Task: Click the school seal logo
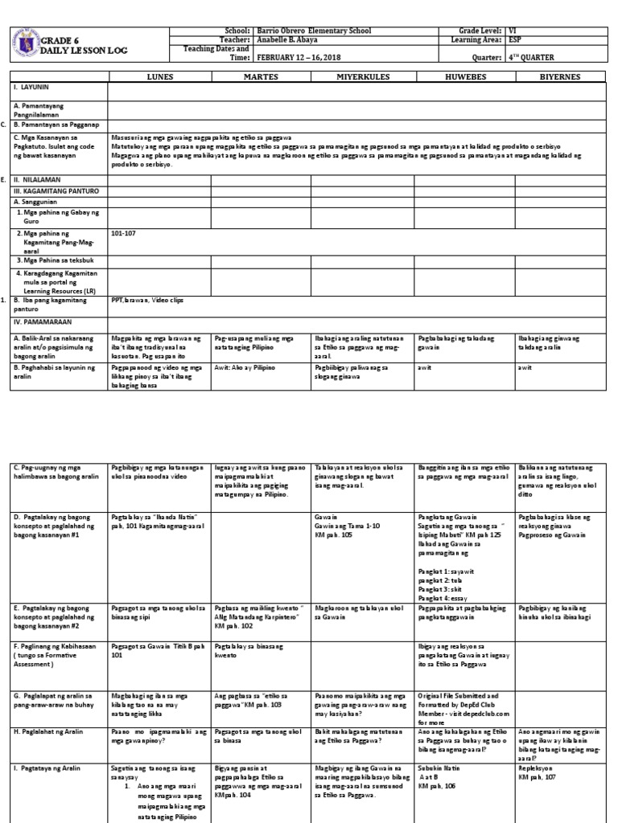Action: coord(24,44)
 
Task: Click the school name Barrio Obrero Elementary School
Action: coord(313,30)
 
